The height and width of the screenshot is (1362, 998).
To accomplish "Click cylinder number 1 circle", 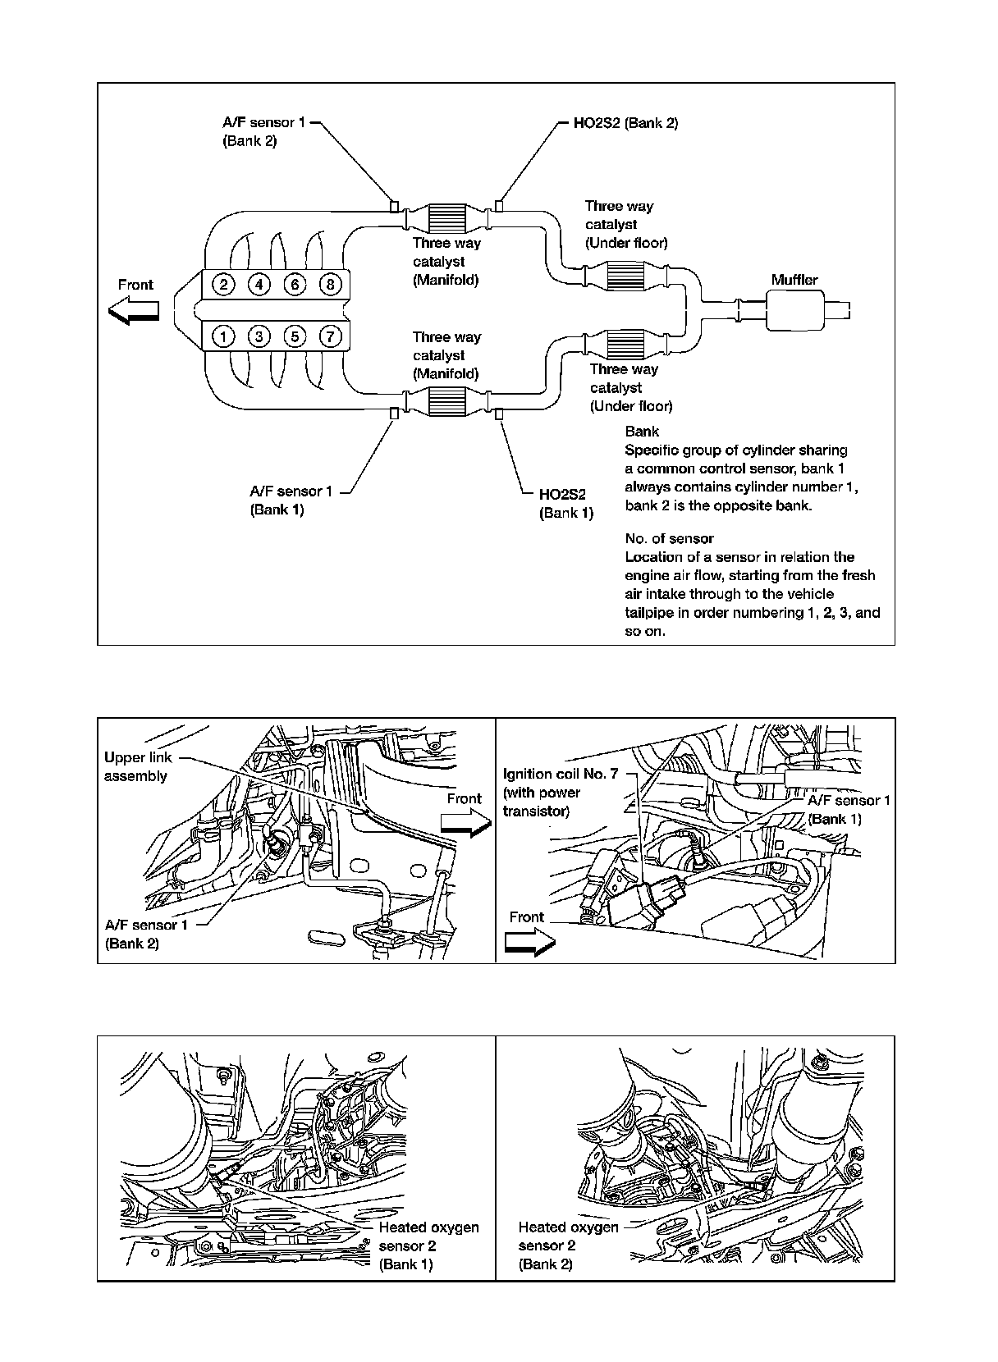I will pyautogui.click(x=222, y=336).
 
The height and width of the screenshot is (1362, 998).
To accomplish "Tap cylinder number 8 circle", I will pyautogui.click(x=329, y=285).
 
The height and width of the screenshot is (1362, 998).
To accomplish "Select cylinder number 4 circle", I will pyautogui.click(x=259, y=285).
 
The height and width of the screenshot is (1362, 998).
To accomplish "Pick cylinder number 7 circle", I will pyautogui.click(x=329, y=336).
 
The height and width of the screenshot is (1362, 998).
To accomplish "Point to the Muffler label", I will pyautogui.click(x=794, y=280).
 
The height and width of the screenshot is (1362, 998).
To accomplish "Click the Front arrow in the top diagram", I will pyautogui.click(x=134, y=310).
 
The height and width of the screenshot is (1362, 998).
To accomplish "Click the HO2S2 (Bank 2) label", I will pyautogui.click(x=625, y=123).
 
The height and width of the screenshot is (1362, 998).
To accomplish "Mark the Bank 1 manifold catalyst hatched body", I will pyautogui.click(x=447, y=404).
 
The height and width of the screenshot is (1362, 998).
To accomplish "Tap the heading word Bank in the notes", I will pyautogui.click(x=642, y=431).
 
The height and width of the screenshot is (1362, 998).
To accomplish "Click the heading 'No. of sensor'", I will pyautogui.click(x=669, y=538).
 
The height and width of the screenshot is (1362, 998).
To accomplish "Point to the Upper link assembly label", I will pyautogui.click(x=139, y=766).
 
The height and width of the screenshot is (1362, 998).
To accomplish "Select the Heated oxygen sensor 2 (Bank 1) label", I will pyautogui.click(x=428, y=1245).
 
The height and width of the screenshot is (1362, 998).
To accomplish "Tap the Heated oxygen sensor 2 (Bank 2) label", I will pyautogui.click(x=568, y=1245).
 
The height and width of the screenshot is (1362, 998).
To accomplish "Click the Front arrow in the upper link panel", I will pyautogui.click(x=465, y=825).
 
